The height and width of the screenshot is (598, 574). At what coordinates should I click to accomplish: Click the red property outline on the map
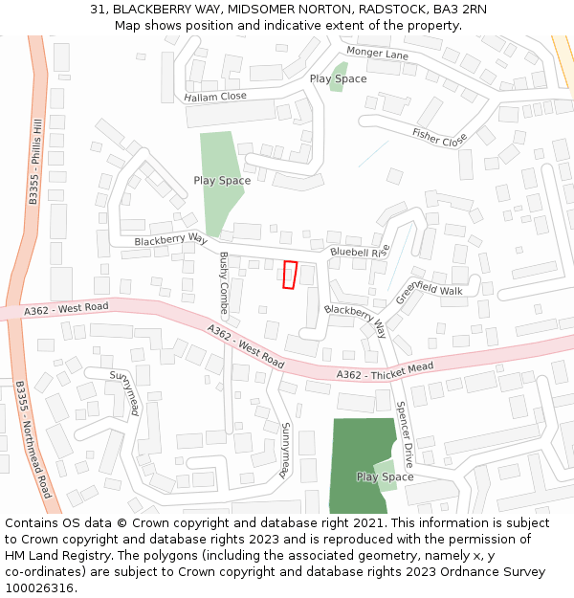pos(290,275)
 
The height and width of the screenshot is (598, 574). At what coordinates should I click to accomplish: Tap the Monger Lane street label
pos(377,54)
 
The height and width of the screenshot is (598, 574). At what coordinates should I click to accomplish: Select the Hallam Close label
pos(215,97)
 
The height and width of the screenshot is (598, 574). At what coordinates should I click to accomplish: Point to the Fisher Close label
pos(439,137)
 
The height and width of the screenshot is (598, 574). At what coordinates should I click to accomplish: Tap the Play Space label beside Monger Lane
pos(338,78)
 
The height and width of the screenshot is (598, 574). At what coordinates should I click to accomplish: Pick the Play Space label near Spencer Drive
pos(385,476)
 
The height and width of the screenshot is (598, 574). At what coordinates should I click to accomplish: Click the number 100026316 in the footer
pos(39,588)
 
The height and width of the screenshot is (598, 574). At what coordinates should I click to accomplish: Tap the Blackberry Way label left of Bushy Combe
pos(170,240)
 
